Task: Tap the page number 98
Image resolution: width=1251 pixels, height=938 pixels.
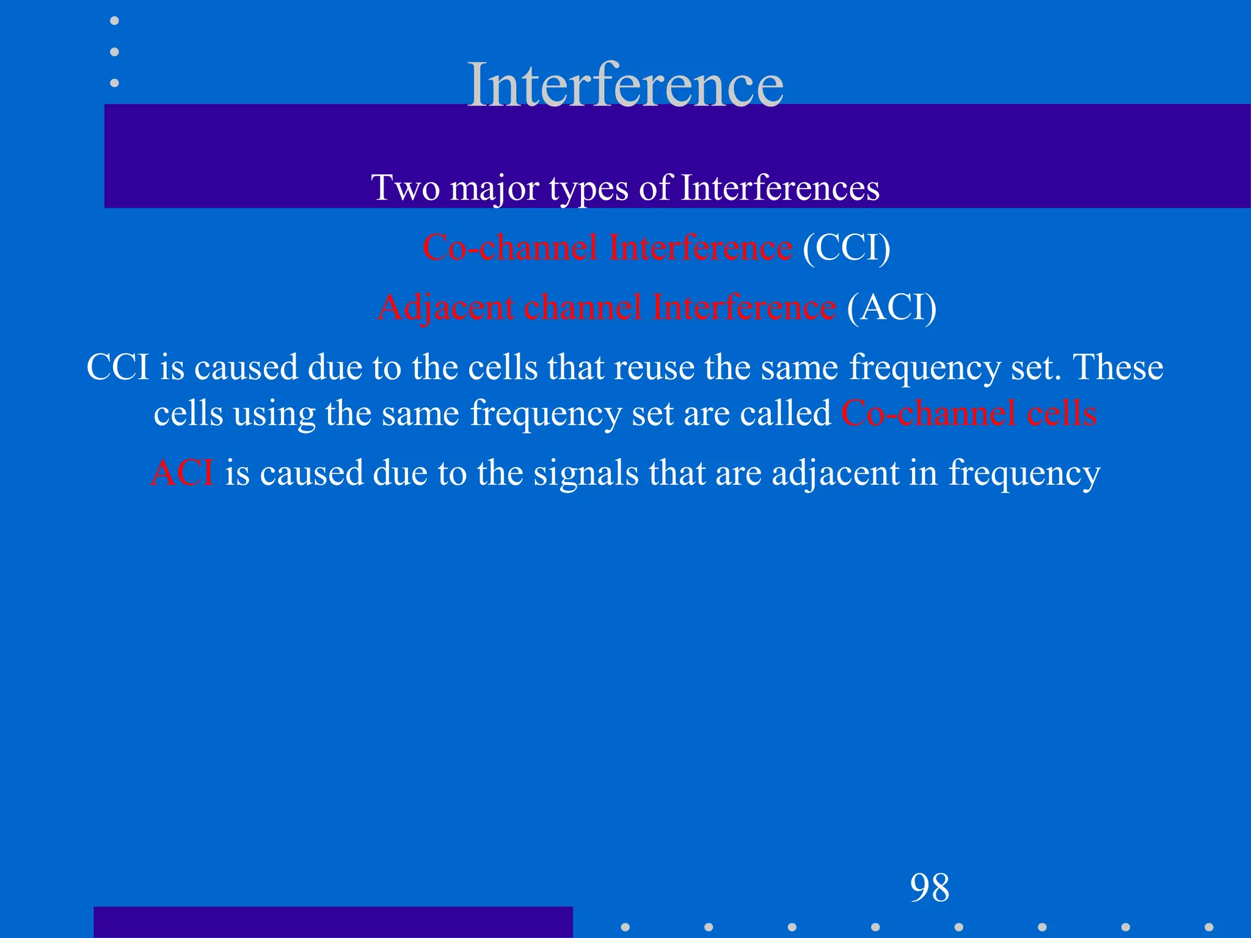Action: pyautogui.click(x=929, y=887)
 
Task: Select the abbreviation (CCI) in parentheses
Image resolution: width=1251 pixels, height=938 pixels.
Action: pyautogui.click(x=847, y=248)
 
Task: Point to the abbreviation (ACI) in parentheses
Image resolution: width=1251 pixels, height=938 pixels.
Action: pyautogui.click(x=892, y=307)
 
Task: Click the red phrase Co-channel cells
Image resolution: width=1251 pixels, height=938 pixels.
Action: pyautogui.click(x=969, y=413)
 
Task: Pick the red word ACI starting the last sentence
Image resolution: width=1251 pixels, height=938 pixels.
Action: pyautogui.click(x=182, y=473)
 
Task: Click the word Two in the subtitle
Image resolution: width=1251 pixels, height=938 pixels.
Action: pyautogui.click(x=405, y=187)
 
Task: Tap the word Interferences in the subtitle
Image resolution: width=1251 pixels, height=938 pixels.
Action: pyautogui.click(x=780, y=187)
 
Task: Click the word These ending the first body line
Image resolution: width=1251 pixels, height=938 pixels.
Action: pyautogui.click(x=1118, y=368)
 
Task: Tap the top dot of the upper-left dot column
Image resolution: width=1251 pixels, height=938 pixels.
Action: pyautogui.click(x=114, y=21)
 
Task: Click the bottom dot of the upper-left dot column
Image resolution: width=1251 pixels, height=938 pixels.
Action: pyautogui.click(x=114, y=83)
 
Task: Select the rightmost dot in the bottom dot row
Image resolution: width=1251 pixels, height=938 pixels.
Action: pyautogui.click(x=1209, y=927)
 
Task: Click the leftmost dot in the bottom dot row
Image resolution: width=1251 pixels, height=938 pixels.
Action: pyautogui.click(x=625, y=927)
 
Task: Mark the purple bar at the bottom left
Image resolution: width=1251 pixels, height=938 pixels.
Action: pyautogui.click(x=333, y=922)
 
